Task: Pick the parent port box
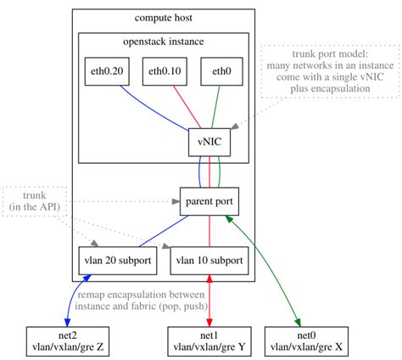point(209,202)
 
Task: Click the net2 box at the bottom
point(67,340)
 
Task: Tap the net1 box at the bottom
point(209,340)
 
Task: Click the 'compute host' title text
point(164,18)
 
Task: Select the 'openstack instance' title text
point(164,42)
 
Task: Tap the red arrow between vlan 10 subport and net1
point(209,300)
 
